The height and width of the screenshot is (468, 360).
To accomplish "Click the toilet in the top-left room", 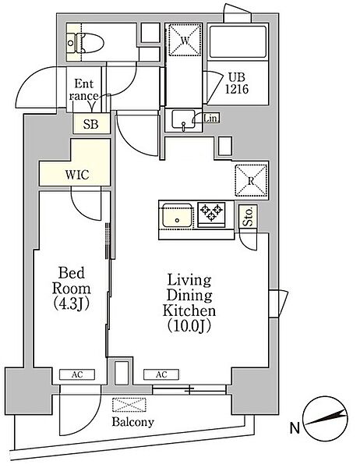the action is (86, 43).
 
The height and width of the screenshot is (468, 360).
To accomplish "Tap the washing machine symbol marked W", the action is (185, 40).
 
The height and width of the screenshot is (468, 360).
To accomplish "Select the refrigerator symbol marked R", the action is (251, 180).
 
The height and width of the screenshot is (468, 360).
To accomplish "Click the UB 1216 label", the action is (237, 83).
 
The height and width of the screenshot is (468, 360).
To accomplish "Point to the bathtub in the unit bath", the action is (238, 42).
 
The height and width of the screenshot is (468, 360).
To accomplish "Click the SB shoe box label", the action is (90, 124).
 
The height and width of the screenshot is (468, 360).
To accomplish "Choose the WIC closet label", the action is (77, 175).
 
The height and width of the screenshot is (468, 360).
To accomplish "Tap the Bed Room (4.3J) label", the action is (72, 289).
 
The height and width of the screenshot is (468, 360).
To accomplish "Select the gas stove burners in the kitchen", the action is (211, 213).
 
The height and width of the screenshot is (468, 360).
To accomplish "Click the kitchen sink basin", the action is (177, 215).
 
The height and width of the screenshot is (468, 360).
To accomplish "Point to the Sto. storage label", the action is (248, 216).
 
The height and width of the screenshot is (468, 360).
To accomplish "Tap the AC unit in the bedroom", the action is (77, 374).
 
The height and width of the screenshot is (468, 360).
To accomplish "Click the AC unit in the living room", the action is (161, 374).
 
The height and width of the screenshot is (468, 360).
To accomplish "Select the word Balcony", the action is (133, 422).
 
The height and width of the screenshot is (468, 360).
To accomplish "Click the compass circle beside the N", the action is (325, 419).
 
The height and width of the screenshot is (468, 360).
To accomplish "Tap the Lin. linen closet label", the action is (211, 119).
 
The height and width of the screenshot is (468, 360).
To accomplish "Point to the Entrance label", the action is (84, 90).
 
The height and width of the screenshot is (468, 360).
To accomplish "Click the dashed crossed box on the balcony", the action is (129, 405).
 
